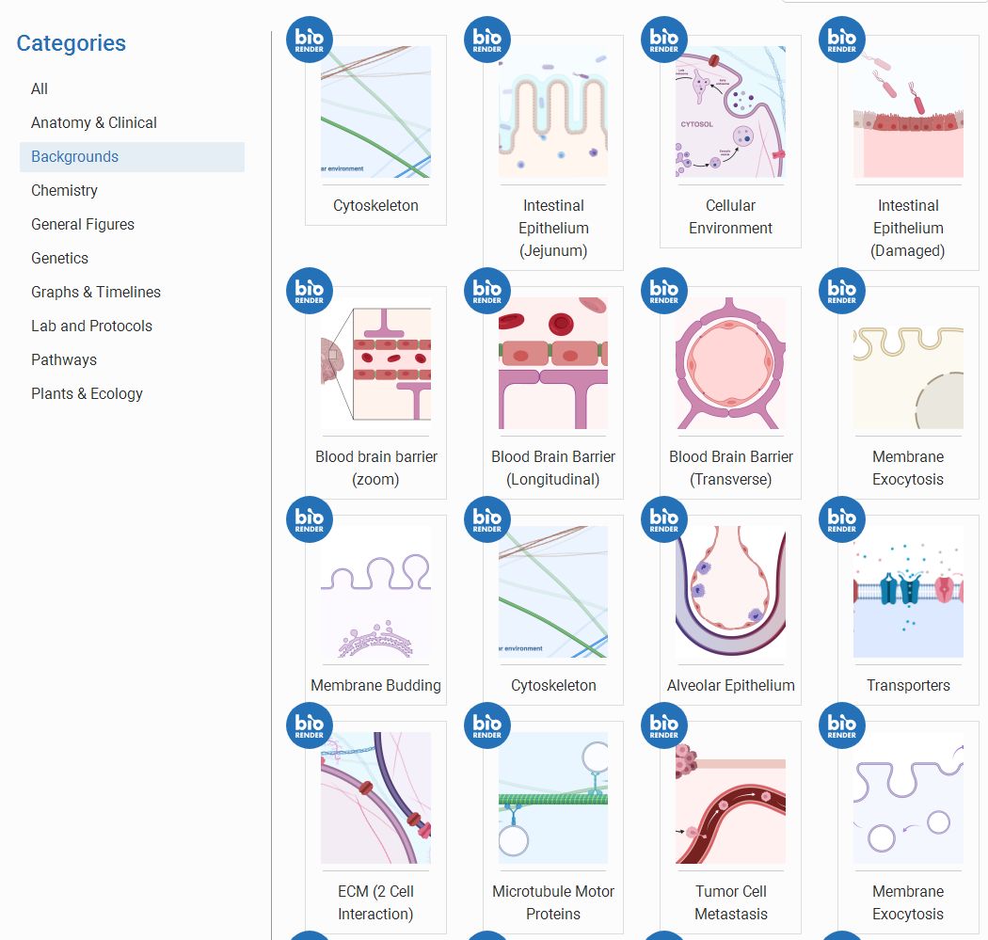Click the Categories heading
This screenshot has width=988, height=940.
click(71, 43)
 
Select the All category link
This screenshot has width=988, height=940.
click(40, 88)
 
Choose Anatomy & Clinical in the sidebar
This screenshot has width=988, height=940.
click(94, 122)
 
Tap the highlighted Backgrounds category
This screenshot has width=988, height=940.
click(75, 156)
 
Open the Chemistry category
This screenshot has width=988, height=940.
click(64, 190)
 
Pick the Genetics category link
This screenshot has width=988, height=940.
click(59, 258)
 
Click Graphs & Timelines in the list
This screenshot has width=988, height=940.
click(96, 292)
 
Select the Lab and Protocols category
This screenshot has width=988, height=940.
click(91, 326)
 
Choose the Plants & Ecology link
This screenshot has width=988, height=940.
click(87, 393)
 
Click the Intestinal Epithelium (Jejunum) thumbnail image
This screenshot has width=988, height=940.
click(553, 112)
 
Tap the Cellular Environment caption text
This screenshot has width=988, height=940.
click(730, 216)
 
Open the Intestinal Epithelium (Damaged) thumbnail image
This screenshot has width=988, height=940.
click(908, 112)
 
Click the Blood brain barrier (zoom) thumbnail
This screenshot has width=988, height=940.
click(375, 365)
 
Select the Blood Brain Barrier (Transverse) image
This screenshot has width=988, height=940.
click(730, 365)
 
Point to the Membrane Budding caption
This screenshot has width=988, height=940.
click(375, 685)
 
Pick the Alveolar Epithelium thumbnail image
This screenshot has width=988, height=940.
click(730, 592)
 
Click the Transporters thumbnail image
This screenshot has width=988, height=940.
click(908, 592)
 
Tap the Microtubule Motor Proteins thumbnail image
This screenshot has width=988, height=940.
click(553, 798)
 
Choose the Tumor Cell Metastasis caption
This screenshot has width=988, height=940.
click(730, 902)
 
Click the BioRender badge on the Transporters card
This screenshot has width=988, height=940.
click(842, 519)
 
